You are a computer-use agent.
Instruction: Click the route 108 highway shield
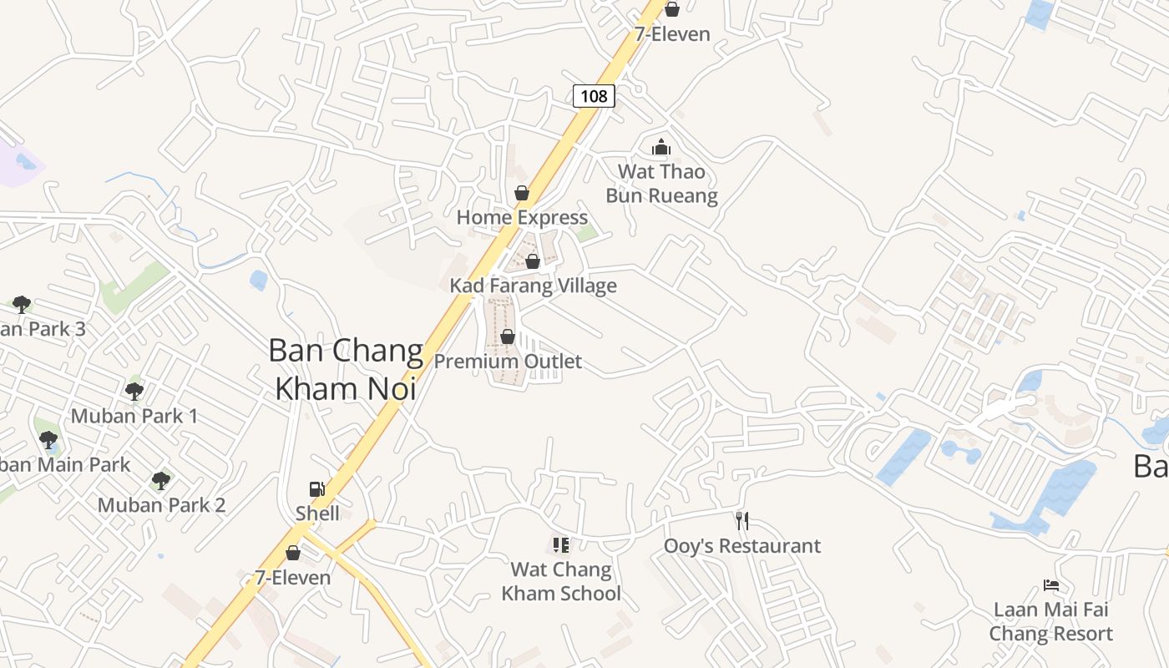click(594, 96)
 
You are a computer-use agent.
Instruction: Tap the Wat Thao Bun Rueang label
click(661, 184)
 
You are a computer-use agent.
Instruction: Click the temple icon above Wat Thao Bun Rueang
click(661, 148)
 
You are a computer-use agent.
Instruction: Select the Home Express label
click(522, 218)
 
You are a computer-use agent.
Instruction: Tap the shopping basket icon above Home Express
click(522, 193)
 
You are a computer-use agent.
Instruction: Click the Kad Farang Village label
click(533, 286)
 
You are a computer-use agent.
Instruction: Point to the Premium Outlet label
click(508, 362)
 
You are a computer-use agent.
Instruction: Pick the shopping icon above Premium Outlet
click(508, 337)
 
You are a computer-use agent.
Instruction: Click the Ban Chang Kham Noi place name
click(346, 369)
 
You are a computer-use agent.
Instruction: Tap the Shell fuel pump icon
click(317, 489)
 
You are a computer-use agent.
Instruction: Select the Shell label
click(317, 513)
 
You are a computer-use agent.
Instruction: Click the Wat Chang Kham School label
click(561, 582)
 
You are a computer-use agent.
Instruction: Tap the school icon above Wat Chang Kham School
click(561, 545)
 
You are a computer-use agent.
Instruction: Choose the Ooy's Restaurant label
click(741, 546)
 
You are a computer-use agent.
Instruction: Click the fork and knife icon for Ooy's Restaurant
click(741, 521)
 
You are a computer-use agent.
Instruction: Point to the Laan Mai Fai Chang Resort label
click(1050, 621)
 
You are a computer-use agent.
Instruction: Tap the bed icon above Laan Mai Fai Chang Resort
click(1051, 585)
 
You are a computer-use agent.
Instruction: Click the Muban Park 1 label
click(134, 416)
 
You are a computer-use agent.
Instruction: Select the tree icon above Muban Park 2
click(161, 481)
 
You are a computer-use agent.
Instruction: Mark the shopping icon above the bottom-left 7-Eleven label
click(293, 553)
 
